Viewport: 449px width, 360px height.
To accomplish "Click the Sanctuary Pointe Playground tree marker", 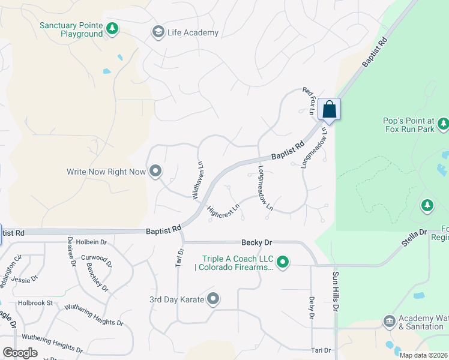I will [x=112, y=28].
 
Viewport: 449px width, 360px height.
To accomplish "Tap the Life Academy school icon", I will [x=158, y=32].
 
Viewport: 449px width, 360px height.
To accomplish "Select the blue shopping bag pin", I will [x=329, y=109].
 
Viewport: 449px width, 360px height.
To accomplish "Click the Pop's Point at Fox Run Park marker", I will [x=444, y=124].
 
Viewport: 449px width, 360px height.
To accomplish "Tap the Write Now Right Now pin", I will [x=155, y=172].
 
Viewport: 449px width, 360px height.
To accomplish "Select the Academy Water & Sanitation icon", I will [x=389, y=322].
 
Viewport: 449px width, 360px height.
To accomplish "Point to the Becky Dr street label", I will [x=256, y=242].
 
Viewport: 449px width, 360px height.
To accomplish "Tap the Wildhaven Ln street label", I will [x=196, y=179].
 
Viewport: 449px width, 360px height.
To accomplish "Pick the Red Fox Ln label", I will [x=309, y=100].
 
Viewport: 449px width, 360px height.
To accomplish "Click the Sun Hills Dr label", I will [x=336, y=292].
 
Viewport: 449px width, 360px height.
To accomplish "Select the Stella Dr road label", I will [x=414, y=236].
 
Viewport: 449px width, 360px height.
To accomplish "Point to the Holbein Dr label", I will [x=91, y=242].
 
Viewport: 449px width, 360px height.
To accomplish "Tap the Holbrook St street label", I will [x=35, y=303].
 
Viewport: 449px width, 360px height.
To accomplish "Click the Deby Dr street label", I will [x=312, y=307].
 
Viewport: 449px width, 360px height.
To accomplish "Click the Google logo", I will [x=20, y=353].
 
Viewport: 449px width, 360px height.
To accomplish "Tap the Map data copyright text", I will [x=424, y=355].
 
